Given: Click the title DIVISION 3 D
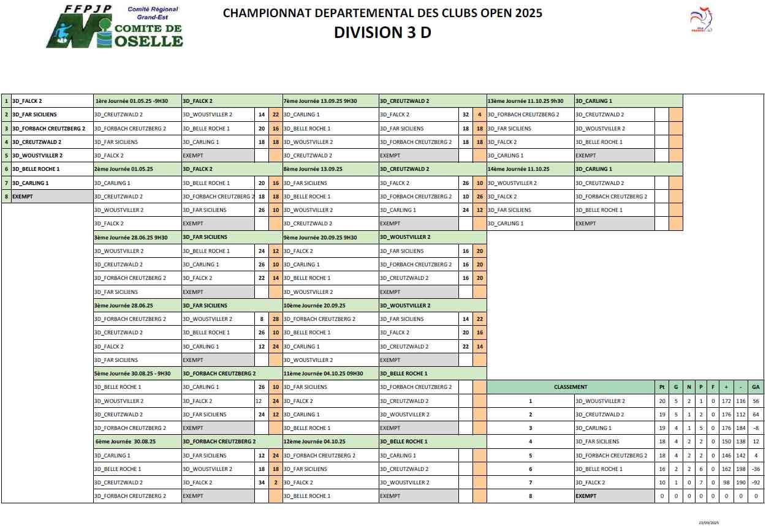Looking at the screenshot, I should (x=382, y=32).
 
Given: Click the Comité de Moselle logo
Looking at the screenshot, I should (x=115, y=27).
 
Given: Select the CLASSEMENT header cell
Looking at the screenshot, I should (x=570, y=387).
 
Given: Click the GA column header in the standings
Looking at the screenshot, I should (x=756, y=387).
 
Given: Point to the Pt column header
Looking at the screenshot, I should (x=662, y=387).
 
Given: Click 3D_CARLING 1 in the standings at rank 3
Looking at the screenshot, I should (x=593, y=428).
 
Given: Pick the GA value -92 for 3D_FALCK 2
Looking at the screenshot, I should (x=756, y=483).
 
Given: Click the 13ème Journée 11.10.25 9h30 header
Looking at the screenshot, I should (x=525, y=101).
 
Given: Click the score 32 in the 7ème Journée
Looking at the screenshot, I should (x=466, y=115).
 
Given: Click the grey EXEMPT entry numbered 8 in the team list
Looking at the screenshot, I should (x=23, y=197).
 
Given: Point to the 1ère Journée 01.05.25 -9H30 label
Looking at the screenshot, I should (x=131, y=101).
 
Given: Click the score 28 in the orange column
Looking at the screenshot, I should (x=276, y=319).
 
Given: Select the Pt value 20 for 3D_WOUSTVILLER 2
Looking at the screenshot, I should (x=662, y=401).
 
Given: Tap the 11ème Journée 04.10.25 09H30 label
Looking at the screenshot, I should (x=323, y=374).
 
